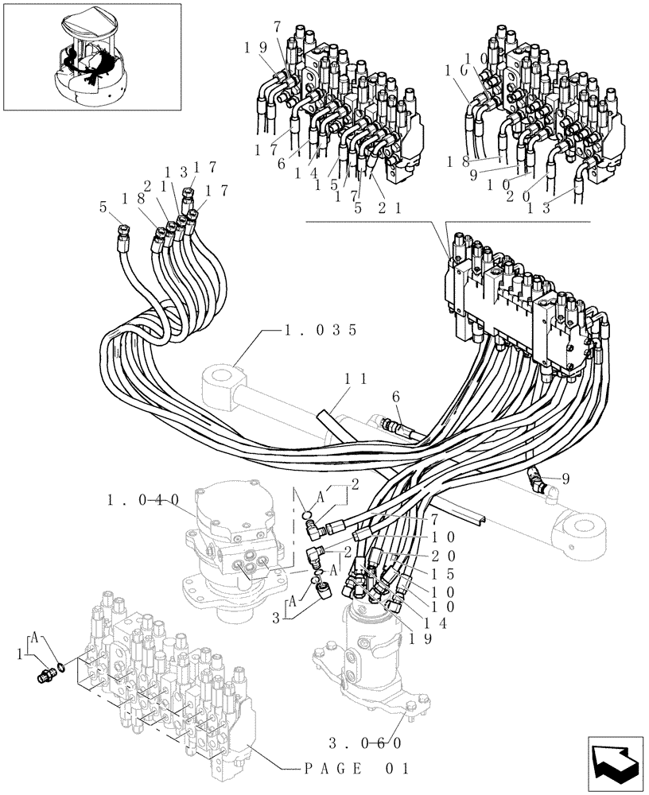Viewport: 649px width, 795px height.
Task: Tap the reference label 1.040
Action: [x=143, y=500]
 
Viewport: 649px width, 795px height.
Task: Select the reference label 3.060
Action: [x=363, y=743]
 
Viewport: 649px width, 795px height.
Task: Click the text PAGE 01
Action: [x=357, y=769]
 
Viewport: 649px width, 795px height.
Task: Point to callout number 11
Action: [x=354, y=381]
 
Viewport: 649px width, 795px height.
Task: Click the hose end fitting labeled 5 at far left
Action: [x=123, y=231]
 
